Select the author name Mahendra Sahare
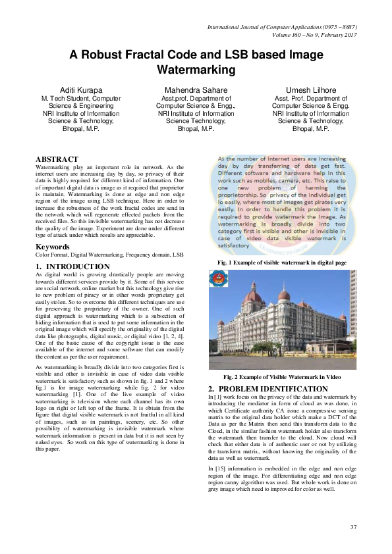coord(196,89)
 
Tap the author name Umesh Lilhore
coord(310,89)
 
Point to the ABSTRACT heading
coord(57,160)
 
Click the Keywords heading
coord(53,247)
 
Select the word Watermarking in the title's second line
coord(196,68)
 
